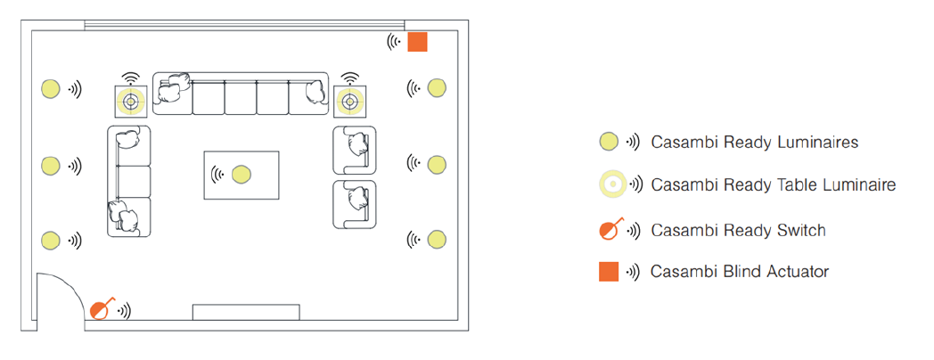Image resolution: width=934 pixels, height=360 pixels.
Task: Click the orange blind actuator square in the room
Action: (418, 42)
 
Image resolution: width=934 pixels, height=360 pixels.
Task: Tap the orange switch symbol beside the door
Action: (102, 309)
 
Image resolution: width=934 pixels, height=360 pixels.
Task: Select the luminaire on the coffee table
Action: (241, 174)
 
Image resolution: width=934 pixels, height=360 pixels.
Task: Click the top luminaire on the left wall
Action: (51, 88)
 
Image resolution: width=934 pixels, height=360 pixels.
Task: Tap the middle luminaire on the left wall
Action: (51, 166)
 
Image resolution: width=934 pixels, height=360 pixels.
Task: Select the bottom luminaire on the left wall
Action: (51, 241)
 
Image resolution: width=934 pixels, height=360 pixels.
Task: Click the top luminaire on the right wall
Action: (437, 87)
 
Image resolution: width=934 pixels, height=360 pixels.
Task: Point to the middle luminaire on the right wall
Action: (437, 164)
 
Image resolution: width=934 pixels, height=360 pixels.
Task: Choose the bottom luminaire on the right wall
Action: (437, 239)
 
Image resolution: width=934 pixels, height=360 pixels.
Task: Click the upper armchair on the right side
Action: (355, 149)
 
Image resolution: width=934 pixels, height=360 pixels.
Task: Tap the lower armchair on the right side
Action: (355, 204)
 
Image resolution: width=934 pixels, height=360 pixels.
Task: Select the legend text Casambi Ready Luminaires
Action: (755, 142)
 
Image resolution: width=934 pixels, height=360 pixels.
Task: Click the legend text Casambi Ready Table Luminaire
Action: (773, 185)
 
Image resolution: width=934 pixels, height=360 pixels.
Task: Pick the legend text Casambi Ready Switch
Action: (738, 231)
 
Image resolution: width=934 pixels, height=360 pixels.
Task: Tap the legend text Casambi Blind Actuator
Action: (740, 272)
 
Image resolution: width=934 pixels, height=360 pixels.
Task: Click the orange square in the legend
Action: (609, 272)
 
